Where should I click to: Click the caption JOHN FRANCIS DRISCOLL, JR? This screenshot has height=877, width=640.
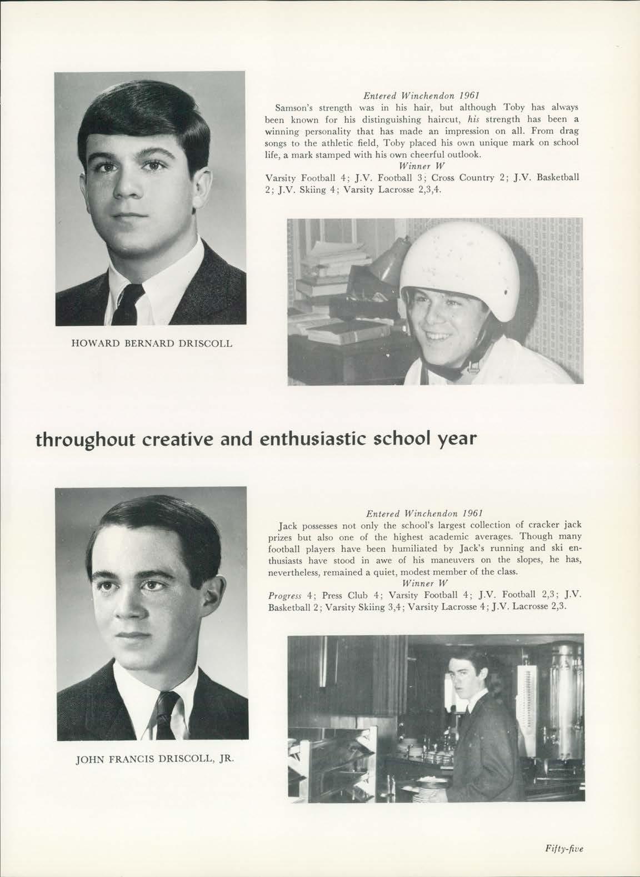(152, 760)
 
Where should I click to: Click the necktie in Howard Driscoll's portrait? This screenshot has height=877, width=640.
(128, 303)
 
